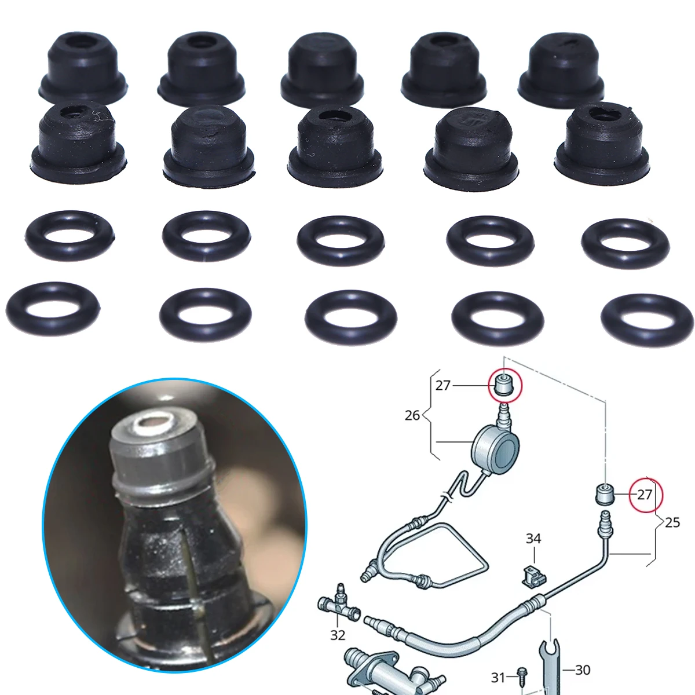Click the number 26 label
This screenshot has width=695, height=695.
tap(412, 415)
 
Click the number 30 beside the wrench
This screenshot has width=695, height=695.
tap(583, 660)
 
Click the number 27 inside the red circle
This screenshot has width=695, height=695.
tap(645, 494)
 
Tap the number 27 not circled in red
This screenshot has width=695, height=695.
tap(443, 385)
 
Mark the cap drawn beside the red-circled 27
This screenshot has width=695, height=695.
tap(605, 495)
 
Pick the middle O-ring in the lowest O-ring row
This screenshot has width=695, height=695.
tap(352, 315)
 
